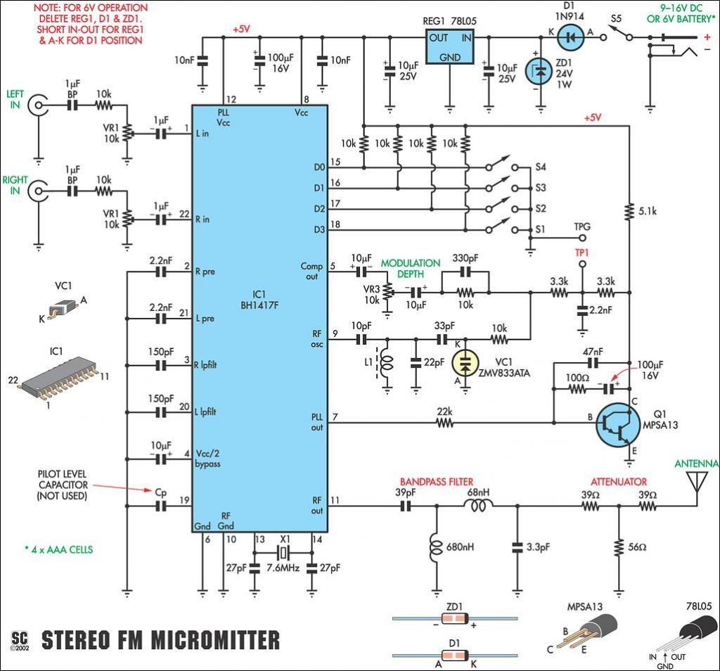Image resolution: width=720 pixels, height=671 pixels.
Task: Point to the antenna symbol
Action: tap(695, 483)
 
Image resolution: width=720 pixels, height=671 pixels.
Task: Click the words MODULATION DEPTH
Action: tap(411, 269)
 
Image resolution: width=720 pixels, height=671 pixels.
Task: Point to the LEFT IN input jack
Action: tap(37, 106)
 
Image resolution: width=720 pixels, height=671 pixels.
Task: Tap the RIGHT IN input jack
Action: tap(37, 191)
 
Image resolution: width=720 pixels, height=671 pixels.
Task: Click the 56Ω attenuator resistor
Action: tap(618, 547)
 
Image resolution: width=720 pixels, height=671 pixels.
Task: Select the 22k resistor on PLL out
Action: tap(444, 423)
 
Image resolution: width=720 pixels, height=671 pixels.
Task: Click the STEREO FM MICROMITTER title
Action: tap(160, 640)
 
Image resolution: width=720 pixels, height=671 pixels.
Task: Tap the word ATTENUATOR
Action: tap(619, 482)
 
